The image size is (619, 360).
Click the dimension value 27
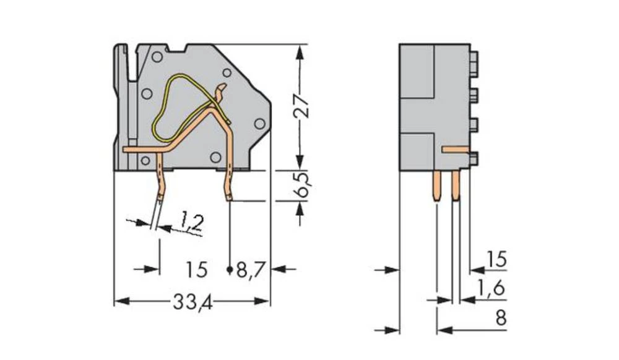tap(300, 107)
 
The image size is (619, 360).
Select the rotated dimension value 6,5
tap(301, 184)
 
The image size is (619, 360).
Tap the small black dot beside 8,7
tap(230, 270)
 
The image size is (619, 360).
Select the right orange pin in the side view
tap(456, 186)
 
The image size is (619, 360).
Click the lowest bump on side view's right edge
tap(474, 158)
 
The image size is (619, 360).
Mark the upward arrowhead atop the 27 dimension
tap(300, 53)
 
